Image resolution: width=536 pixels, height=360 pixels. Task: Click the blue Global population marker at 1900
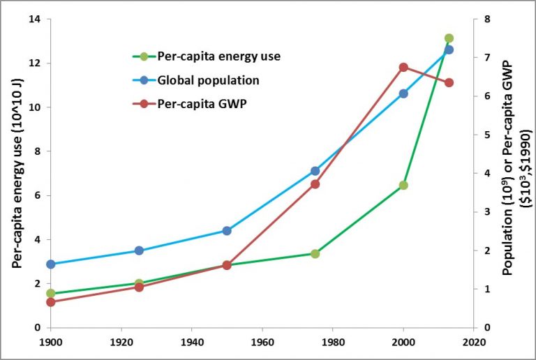pos(51,264)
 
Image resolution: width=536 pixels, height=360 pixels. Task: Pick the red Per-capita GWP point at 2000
pos(403,67)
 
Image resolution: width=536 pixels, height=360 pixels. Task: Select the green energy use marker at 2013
pos(449,38)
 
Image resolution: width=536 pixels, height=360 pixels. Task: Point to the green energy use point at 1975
pos(315,253)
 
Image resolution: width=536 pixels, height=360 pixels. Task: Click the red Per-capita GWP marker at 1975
pos(315,184)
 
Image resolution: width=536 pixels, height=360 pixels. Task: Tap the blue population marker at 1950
pos(227,230)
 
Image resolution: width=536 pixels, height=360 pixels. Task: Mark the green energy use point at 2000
pos(403,186)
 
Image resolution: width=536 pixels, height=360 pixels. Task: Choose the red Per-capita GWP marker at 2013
pos(449,82)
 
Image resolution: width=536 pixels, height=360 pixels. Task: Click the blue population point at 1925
pos(139,250)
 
